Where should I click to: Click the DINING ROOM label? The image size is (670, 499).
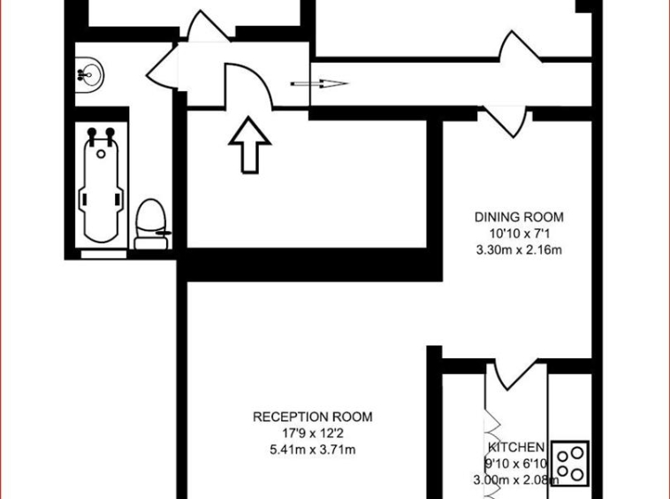[519, 218]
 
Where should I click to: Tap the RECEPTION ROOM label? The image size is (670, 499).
[313, 417]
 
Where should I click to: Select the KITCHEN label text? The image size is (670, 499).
[516, 448]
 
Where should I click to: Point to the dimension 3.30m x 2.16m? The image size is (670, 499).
[519, 249]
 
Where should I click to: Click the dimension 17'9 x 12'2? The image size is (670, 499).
[313, 434]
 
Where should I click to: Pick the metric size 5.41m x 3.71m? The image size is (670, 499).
[313, 449]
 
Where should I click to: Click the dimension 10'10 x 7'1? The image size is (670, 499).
[519, 234]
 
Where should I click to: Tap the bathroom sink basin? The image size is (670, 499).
[89, 75]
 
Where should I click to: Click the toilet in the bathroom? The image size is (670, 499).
[151, 224]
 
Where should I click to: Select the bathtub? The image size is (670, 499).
[101, 185]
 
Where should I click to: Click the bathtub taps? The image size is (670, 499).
[101, 134]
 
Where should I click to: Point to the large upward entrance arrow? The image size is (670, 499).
[250, 145]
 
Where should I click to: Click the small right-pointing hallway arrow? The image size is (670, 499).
[319, 84]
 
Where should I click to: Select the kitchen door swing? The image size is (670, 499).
[508, 376]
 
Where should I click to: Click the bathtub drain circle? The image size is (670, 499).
[101, 154]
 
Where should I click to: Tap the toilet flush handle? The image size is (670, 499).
[164, 233]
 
